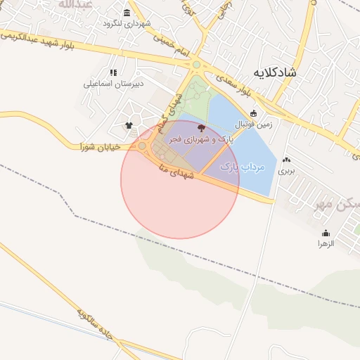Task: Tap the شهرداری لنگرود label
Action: [x=127, y=23]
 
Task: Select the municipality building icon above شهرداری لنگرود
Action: [x=127, y=13]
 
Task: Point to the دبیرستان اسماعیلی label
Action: [x=114, y=84]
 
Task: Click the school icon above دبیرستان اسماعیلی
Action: [x=113, y=72]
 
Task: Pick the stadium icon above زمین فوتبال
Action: [x=253, y=113]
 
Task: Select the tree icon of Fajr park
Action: [x=202, y=128]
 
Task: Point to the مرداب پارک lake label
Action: [x=242, y=167]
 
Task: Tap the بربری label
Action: [x=286, y=171]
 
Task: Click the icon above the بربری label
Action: [x=286, y=160]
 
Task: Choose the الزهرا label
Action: [x=325, y=243]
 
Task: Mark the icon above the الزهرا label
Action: [x=325, y=233]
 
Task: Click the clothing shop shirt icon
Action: [x=129, y=126]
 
